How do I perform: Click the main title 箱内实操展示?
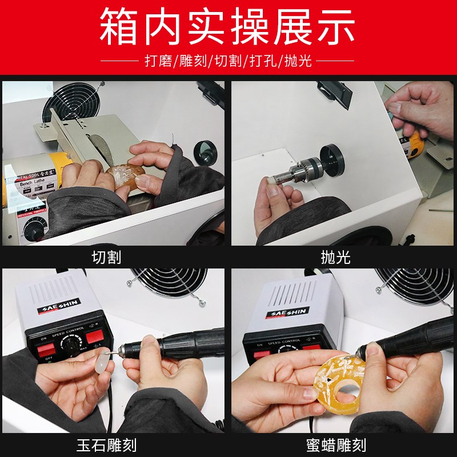(228, 27)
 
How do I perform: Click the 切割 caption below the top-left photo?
(106, 257)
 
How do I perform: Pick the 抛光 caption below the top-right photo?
(335, 257)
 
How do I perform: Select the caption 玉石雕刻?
(106, 444)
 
